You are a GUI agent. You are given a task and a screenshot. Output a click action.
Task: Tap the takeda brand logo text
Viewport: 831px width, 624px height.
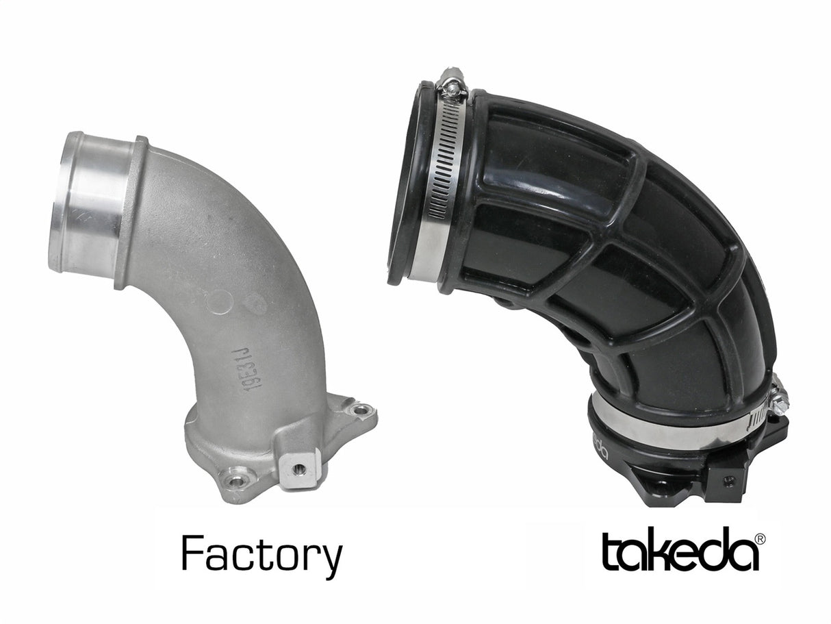coord(680,552)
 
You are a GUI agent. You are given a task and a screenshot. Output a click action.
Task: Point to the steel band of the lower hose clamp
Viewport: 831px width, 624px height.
coord(657,428)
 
